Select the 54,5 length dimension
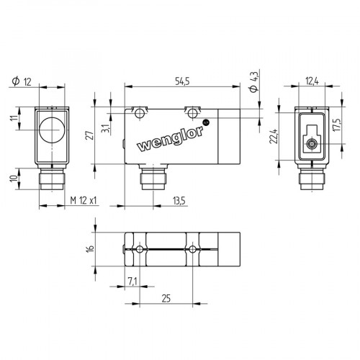[x=183, y=82]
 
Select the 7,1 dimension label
[x=131, y=280]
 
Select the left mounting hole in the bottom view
[x=138, y=249]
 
